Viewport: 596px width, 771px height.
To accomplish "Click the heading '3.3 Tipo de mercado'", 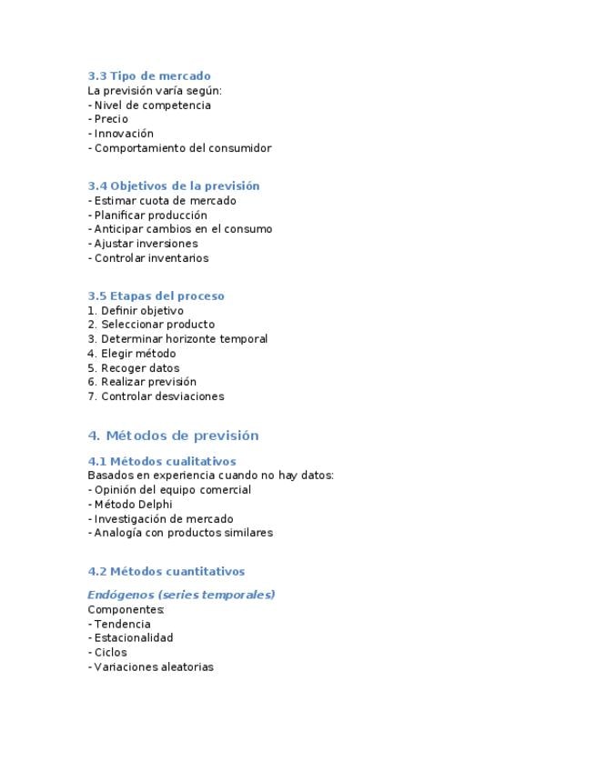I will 149,76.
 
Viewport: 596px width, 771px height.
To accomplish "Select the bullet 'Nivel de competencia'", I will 152,105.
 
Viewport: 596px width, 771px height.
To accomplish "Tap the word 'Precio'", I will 111,119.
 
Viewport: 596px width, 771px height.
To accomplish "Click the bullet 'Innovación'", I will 124,134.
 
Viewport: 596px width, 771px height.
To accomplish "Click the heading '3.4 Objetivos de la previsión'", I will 174,186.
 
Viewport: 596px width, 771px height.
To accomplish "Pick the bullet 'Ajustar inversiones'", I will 146,244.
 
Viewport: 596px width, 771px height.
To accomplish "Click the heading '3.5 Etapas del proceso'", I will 156,296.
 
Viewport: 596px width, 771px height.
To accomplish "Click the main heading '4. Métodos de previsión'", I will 173,436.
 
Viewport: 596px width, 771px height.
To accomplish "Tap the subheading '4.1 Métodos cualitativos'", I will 162,462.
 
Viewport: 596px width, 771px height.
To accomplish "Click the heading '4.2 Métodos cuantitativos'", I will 167,572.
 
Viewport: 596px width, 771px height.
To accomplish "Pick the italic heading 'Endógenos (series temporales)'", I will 181,595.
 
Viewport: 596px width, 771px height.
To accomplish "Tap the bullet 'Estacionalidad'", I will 134,638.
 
